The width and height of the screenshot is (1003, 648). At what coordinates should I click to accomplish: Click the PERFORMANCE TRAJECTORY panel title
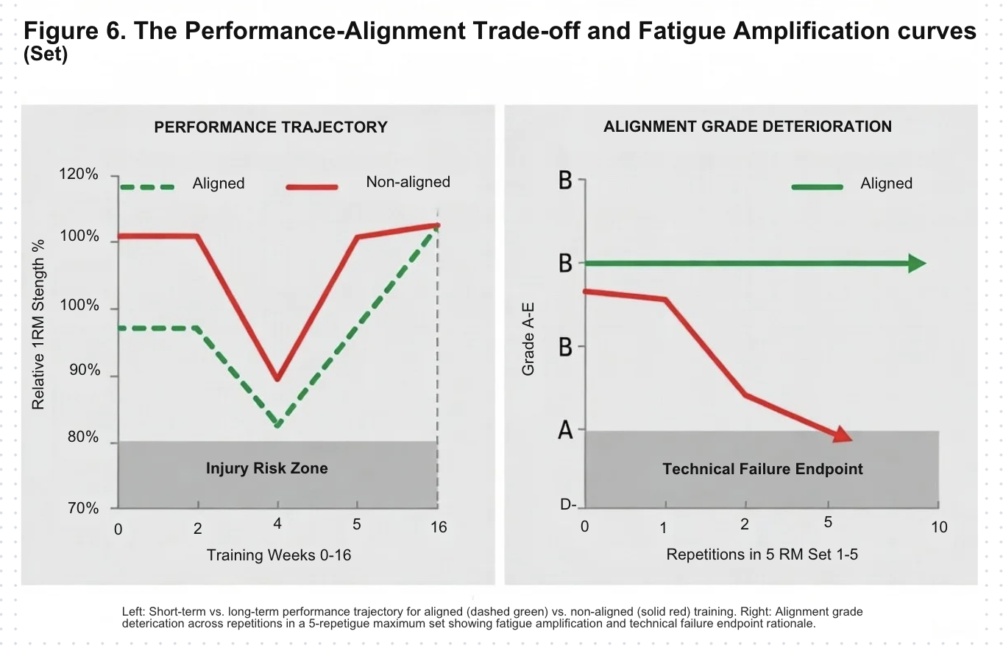(x=270, y=127)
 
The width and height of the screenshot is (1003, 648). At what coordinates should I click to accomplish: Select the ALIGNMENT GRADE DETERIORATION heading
(x=747, y=127)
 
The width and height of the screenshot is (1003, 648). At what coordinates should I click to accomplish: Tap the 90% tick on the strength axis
(x=85, y=370)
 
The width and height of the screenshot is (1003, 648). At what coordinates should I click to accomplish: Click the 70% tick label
(x=85, y=508)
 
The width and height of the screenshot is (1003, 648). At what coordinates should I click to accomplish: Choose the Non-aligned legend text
(x=408, y=182)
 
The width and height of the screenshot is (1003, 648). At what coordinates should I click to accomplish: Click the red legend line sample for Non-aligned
(x=312, y=187)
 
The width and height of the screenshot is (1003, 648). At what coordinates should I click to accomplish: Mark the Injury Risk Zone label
(x=266, y=468)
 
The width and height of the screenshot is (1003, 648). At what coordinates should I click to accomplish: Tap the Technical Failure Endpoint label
(x=762, y=469)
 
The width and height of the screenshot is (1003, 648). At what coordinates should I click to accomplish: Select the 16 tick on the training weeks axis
(x=438, y=527)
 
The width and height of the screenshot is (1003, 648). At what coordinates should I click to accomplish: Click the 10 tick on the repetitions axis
(x=939, y=527)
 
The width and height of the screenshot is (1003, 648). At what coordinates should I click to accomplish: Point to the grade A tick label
(x=565, y=430)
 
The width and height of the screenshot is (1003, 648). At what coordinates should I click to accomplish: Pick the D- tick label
(x=567, y=505)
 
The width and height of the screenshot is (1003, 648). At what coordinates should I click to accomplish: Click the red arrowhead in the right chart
(x=843, y=435)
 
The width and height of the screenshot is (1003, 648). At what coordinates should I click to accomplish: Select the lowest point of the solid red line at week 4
(x=277, y=380)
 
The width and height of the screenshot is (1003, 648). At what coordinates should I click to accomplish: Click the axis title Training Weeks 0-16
(x=279, y=555)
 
